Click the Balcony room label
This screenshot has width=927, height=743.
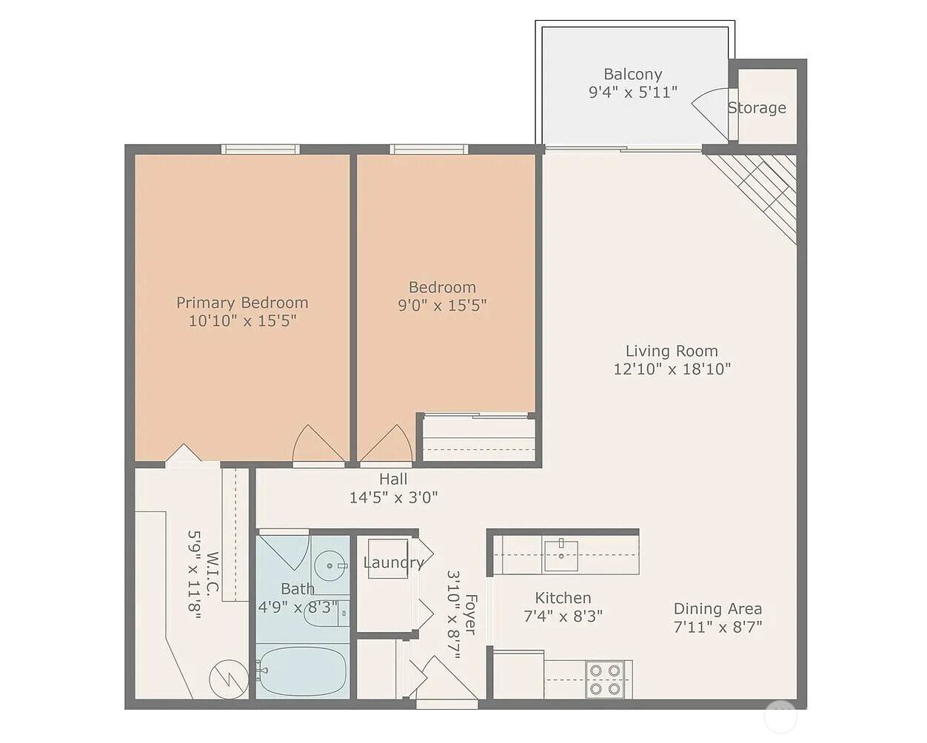pos(633,75)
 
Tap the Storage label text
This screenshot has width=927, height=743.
pos(757,107)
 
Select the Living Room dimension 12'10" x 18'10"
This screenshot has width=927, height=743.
pos(672,369)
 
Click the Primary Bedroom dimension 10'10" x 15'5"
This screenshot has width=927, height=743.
pos(243,320)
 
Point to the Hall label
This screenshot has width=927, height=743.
pos(393,479)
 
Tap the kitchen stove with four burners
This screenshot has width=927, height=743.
pos(605,679)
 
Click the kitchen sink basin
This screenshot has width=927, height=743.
pos(560,555)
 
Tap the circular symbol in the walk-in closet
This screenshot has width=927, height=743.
pos(229,679)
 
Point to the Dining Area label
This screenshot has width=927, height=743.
pos(717,609)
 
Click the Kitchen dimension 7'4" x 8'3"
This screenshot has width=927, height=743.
pos(563,616)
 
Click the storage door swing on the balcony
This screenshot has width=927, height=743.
pos(711,112)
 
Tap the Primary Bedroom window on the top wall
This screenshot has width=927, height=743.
pos(261,149)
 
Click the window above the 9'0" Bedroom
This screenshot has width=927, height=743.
pos(429,149)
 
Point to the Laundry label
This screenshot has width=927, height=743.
pos(393,562)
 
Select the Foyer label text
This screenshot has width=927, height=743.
pos(472,615)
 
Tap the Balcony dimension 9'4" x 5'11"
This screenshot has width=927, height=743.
pos(633,93)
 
